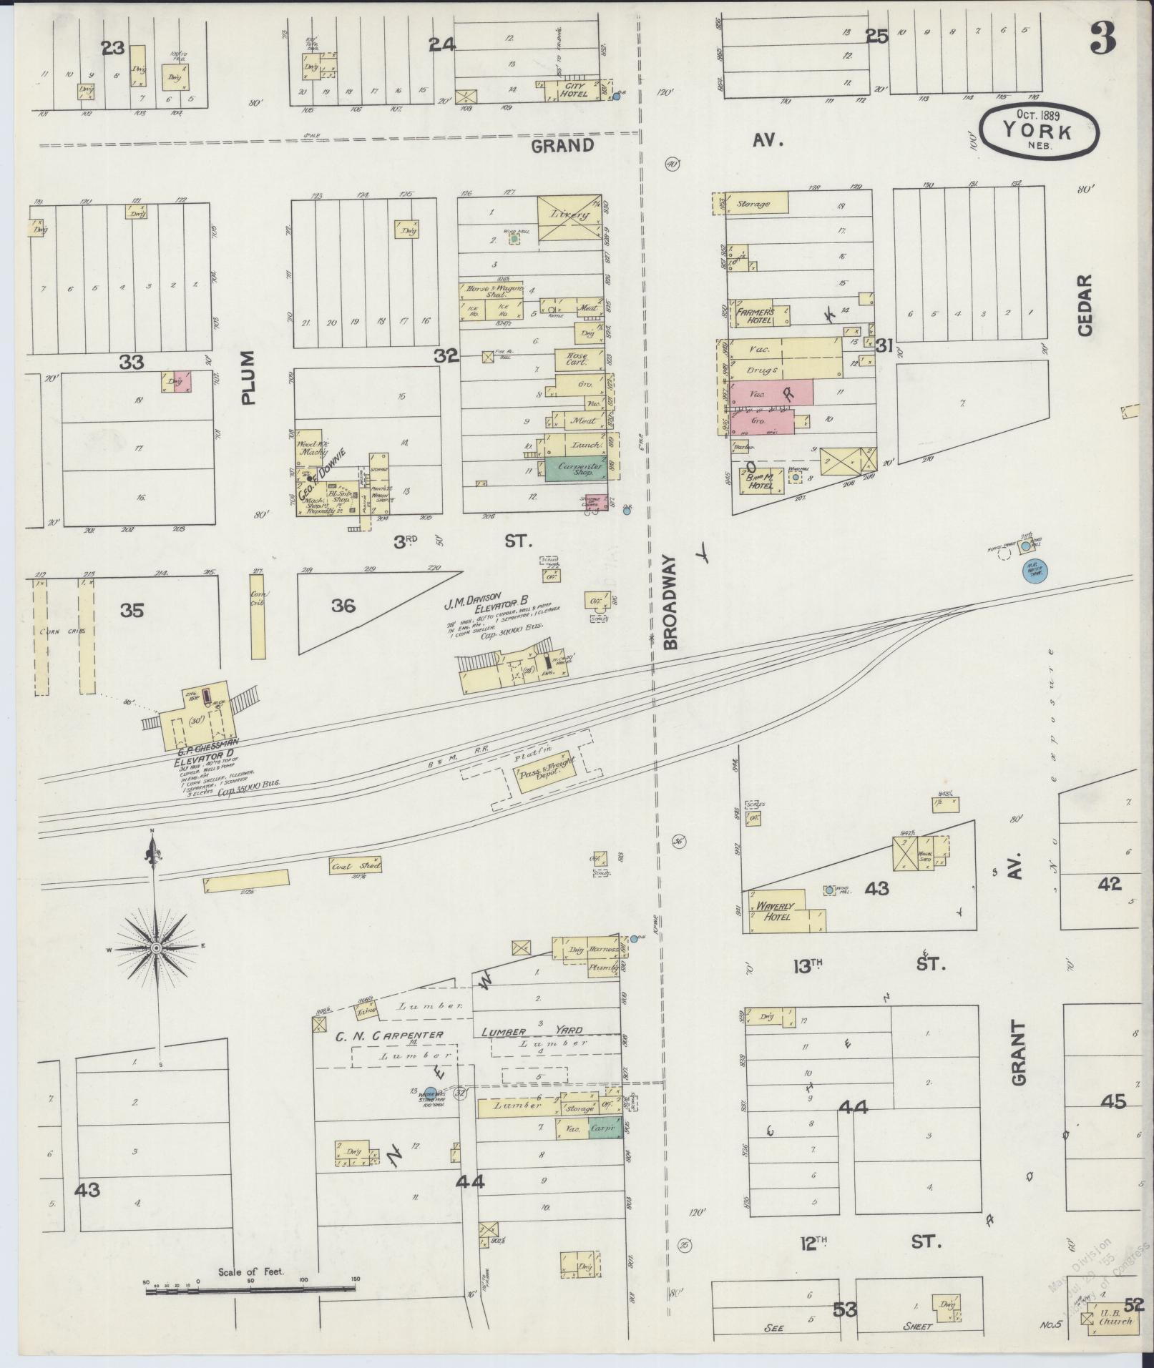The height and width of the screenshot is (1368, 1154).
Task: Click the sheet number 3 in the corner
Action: click(x=1102, y=40)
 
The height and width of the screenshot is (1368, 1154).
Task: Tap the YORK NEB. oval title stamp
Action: click(x=1037, y=129)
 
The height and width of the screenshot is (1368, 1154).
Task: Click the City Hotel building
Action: click(x=574, y=90)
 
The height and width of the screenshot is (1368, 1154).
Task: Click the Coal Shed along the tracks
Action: click(x=356, y=865)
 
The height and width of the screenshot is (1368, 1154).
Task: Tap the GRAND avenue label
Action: click(x=562, y=146)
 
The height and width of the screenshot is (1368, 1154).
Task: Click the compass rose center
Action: click(x=155, y=948)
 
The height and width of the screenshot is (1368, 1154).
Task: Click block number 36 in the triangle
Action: click(x=343, y=606)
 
